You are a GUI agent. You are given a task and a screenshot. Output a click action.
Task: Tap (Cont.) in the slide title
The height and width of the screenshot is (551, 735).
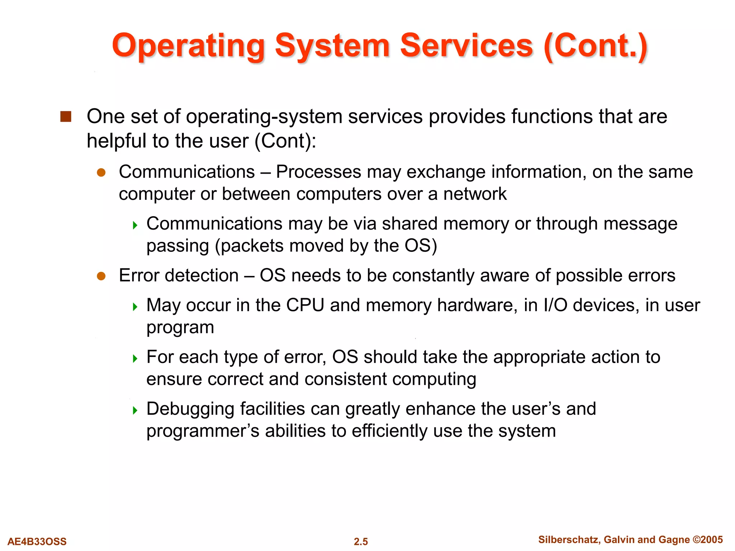click(x=596, y=46)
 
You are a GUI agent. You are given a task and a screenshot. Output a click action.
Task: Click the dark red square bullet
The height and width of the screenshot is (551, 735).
click(x=66, y=117)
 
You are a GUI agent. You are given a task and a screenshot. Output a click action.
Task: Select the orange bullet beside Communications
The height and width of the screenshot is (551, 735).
click(x=101, y=173)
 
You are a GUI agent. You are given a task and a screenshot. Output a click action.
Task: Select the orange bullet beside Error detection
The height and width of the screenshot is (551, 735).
click(x=101, y=276)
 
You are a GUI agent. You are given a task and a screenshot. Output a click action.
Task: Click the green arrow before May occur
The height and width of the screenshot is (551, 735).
click(x=135, y=307)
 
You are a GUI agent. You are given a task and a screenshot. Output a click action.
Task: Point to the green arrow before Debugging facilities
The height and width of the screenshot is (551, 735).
click(x=135, y=410)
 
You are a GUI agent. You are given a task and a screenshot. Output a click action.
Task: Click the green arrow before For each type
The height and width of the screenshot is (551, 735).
click(x=135, y=358)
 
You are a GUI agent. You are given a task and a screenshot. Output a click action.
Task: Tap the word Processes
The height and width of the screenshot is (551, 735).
click(x=318, y=172)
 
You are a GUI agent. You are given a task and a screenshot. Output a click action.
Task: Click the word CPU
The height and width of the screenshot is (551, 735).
click(x=305, y=305)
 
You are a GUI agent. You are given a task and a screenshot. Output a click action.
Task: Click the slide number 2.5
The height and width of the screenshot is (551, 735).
click(x=361, y=541)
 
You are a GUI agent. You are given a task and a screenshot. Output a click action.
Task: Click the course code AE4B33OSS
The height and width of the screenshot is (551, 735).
click(x=37, y=541)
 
